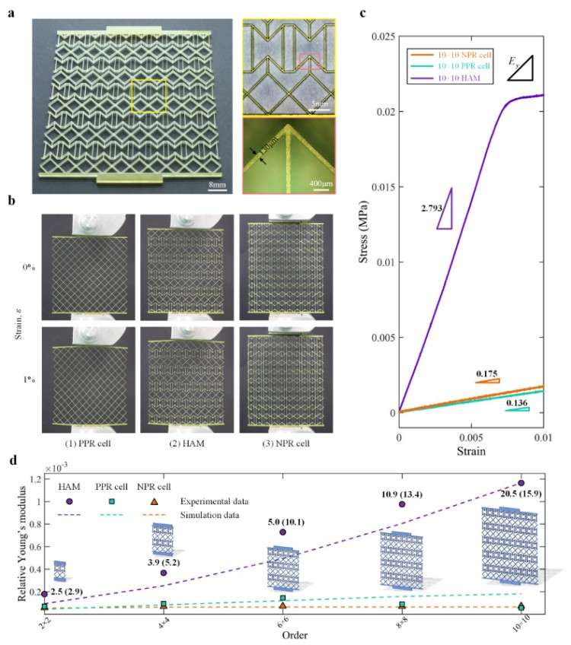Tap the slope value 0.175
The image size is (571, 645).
click(486, 373)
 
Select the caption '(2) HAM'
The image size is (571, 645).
click(187, 439)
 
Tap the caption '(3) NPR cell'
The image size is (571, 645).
click(284, 439)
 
